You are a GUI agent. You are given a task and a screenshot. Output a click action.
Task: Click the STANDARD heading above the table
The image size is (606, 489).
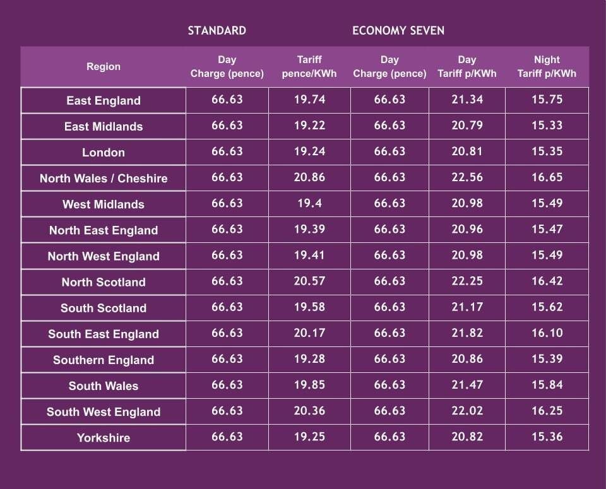click(x=217, y=30)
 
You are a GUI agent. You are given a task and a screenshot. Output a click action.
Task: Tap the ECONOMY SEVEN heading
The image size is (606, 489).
click(x=398, y=30)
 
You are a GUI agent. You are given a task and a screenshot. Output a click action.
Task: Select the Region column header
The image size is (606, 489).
click(x=104, y=66)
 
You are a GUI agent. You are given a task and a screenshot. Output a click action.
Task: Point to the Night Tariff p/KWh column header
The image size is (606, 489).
click(x=547, y=66)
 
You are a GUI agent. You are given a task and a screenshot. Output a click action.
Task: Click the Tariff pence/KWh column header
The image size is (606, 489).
click(x=309, y=66)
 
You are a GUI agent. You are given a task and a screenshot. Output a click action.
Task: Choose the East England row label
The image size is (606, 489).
click(x=104, y=100)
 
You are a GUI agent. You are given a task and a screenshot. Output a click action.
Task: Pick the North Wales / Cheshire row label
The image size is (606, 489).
click(x=104, y=179)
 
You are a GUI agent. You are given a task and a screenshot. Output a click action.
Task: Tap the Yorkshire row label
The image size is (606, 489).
click(x=104, y=437)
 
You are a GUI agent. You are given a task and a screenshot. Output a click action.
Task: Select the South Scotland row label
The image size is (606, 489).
click(x=104, y=308)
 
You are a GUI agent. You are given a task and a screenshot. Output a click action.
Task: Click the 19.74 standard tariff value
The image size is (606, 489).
click(x=309, y=100)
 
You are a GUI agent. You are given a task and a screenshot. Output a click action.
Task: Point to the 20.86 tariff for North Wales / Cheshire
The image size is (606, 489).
click(x=309, y=177)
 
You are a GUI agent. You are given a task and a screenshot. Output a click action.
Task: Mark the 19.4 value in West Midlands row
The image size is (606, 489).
click(x=309, y=203)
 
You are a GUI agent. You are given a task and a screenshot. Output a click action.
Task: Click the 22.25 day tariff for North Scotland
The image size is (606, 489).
click(x=467, y=281)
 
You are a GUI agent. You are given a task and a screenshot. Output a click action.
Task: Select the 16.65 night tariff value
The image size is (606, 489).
click(x=547, y=177)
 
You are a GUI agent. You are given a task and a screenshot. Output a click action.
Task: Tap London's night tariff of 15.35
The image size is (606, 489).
click(x=547, y=151)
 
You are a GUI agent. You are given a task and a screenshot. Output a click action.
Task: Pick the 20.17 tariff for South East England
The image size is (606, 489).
click(x=309, y=333)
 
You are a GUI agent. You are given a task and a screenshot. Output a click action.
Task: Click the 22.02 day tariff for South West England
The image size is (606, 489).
click(x=467, y=410)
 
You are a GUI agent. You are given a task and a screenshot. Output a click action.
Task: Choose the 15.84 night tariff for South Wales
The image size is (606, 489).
click(x=547, y=384)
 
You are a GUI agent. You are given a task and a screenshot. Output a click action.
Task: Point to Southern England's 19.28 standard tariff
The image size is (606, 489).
click(x=309, y=358)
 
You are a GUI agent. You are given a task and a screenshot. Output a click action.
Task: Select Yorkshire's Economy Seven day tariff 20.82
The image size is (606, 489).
click(x=467, y=436)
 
